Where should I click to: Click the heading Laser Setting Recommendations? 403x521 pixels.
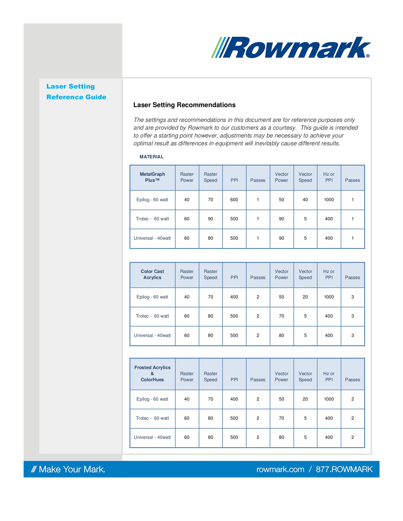pyautogui.click(x=184, y=105)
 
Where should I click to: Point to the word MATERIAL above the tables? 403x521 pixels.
pyautogui.click(x=152, y=157)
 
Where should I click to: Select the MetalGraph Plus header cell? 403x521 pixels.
pyautogui.click(x=152, y=177)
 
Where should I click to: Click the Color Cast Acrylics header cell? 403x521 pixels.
pyautogui.click(x=152, y=274)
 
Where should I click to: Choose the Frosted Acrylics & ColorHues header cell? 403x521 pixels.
pyautogui.click(x=152, y=373)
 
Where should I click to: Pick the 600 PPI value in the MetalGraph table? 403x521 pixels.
pyautogui.click(x=234, y=200)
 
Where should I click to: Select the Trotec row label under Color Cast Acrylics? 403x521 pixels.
pyautogui.click(x=152, y=316)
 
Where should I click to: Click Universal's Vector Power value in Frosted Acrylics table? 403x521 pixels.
pyautogui.click(x=281, y=437)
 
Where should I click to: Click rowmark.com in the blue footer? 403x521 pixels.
pyautogui.click(x=280, y=469)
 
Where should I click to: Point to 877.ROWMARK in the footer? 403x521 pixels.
pyautogui.click(x=344, y=469)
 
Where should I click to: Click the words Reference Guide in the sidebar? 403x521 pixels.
pyautogui.click(x=76, y=97)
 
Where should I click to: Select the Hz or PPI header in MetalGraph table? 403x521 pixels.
pyautogui.click(x=329, y=177)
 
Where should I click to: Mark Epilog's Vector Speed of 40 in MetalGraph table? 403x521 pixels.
pyautogui.click(x=305, y=200)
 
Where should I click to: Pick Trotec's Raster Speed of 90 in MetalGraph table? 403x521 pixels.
pyautogui.click(x=210, y=219)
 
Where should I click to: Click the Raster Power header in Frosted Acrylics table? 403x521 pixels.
pyautogui.click(x=187, y=377)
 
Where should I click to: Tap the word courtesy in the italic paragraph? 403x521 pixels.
pyautogui.click(x=286, y=128)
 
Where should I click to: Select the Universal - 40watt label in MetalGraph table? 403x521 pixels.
pyautogui.click(x=152, y=238)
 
